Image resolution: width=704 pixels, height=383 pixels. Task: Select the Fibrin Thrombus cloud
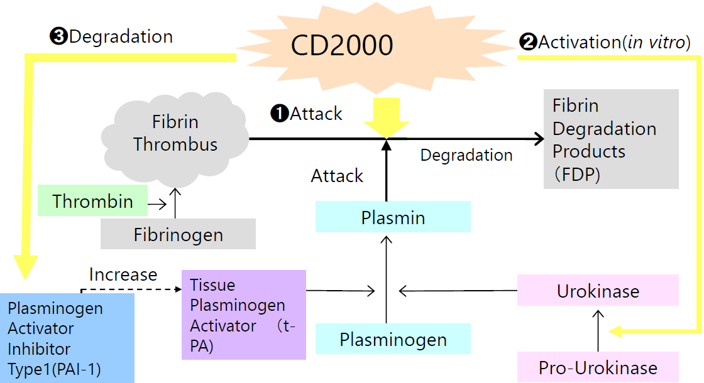(x=175, y=133)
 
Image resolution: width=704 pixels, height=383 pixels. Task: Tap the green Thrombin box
(x=92, y=201)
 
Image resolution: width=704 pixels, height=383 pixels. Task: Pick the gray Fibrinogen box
(x=178, y=234)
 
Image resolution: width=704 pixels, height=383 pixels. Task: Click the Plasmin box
(x=393, y=217)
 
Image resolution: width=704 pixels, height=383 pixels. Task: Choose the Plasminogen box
(x=393, y=339)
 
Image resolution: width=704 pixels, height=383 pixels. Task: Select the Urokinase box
(x=598, y=291)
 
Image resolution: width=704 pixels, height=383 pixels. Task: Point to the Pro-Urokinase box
(x=598, y=367)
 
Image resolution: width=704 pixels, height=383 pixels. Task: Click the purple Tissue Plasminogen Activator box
(x=243, y=315)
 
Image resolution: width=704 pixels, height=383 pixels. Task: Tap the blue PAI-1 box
(x=67, y=338)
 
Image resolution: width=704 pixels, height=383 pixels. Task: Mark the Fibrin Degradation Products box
(x=611, y=139)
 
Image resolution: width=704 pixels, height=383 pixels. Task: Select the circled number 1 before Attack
(x=278, y=114)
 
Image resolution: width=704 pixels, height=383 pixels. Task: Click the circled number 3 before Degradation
(x=58, y=36)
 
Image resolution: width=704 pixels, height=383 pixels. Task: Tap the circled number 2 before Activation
(x=527, y=43)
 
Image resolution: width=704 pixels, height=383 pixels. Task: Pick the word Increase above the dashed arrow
(x=123, y=274)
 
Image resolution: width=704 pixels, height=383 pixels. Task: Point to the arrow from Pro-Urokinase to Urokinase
(x=598, y=330)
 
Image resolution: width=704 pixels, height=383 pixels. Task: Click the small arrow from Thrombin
(x=157, y=203)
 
